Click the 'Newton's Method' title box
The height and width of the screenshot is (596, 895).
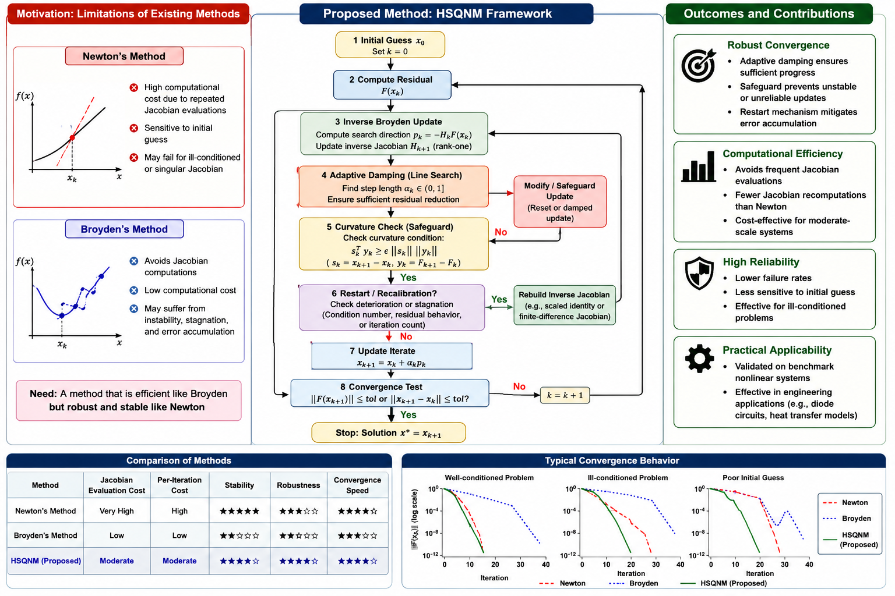click(x=124, y=56)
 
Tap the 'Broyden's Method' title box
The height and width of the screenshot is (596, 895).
click(x=124, y=229)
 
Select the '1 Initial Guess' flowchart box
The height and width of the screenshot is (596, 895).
click(x=390, y=45)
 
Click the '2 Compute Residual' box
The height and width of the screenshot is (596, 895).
click(x=392, y=85)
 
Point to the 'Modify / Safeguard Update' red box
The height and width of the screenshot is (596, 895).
click(x=560, y=201)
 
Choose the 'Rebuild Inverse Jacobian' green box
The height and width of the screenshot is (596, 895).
click(x=565, y=306)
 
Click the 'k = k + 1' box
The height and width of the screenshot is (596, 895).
click(x=565, y=395)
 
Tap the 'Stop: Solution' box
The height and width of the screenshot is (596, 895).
click(x=389, y=432)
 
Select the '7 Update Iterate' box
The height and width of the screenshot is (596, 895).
click(x=392, y=356)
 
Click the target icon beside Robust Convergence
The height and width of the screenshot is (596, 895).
click(x=699, y=65)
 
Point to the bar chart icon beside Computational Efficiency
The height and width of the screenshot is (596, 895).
click(x=699, y=166)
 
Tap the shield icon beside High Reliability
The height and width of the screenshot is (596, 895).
click(x=699, y=273)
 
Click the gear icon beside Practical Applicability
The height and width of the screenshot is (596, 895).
click(x=699, y=359)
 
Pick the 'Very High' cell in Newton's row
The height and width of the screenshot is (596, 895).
click(x=117, y=511)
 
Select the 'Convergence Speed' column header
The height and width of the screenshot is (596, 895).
click(x=357, y=485)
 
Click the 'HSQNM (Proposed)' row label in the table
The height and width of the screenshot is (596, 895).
click(x=45, y=561)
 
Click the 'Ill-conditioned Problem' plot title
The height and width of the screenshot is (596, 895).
click(x=628, y=478)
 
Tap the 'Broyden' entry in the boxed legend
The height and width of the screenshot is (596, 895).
click(x=856, y=519)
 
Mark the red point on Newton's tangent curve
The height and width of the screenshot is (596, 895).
click(x=72, y=138)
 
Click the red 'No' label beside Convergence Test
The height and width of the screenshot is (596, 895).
click(x=519, y=386)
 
